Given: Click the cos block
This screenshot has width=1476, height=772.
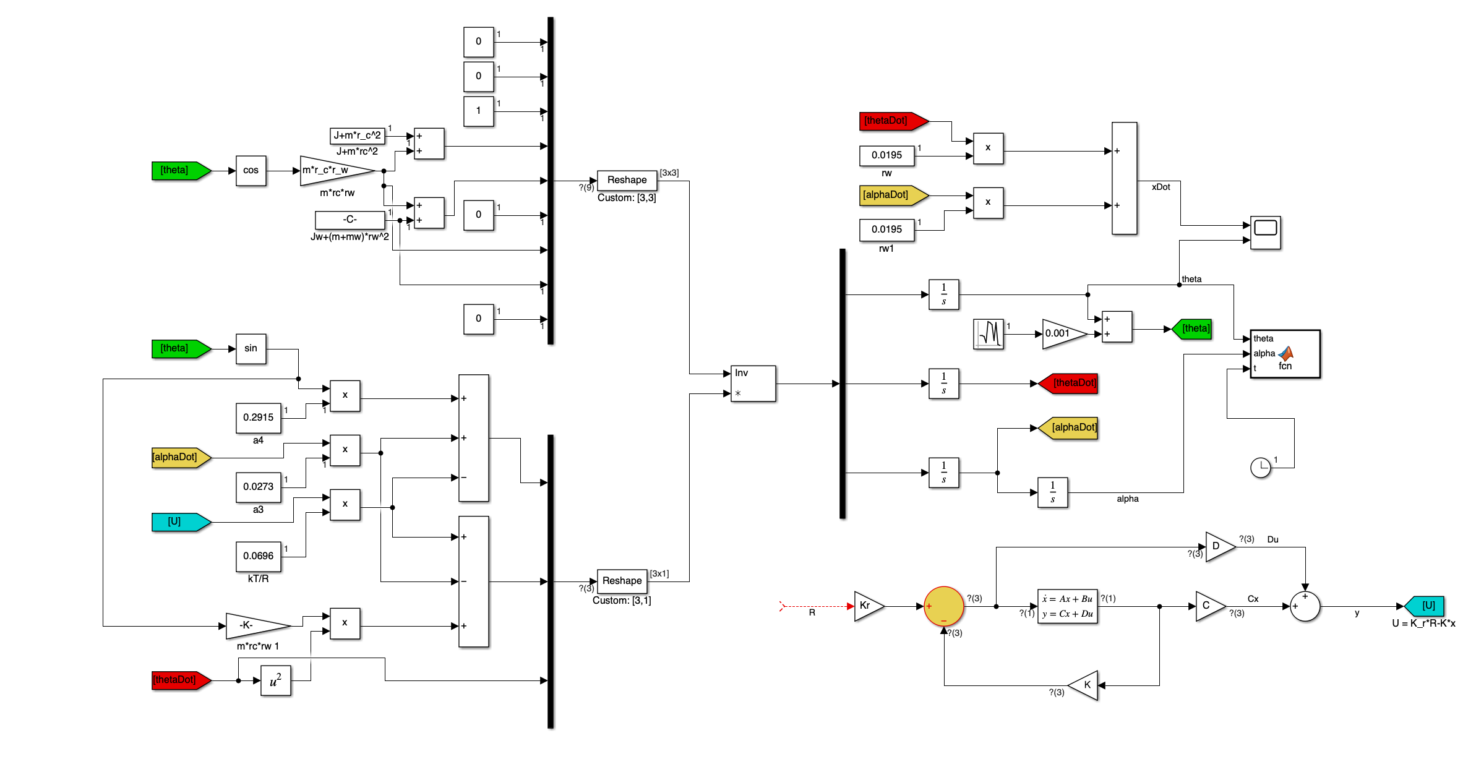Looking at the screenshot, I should click(251, 171).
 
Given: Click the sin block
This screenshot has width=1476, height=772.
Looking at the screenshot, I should click(251, 349).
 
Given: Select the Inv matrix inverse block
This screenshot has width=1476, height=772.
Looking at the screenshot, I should click(752, 384).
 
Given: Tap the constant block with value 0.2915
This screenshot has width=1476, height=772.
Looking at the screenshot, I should click(258, 418).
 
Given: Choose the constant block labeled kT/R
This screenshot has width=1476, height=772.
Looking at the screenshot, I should click(258, 557).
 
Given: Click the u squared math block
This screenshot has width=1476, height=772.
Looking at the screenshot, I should click(275, 680).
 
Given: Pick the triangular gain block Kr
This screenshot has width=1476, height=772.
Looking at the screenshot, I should click(867, 606).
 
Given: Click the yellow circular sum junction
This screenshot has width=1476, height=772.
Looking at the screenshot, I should click(943, 606).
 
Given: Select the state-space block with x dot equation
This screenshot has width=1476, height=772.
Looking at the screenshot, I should click(1067, 606).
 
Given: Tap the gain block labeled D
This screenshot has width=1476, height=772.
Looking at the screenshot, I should click(1218, 547).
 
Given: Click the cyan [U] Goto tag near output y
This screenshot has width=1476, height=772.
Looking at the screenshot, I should click(1426, 606).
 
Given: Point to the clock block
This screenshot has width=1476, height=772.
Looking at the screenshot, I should click(1260, 468).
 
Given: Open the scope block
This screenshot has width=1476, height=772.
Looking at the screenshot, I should click(1265, 233).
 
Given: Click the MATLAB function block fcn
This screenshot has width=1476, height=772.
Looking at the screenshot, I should click(1285, 354).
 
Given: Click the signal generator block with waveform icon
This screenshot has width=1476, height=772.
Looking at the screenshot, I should click(988, 334).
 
